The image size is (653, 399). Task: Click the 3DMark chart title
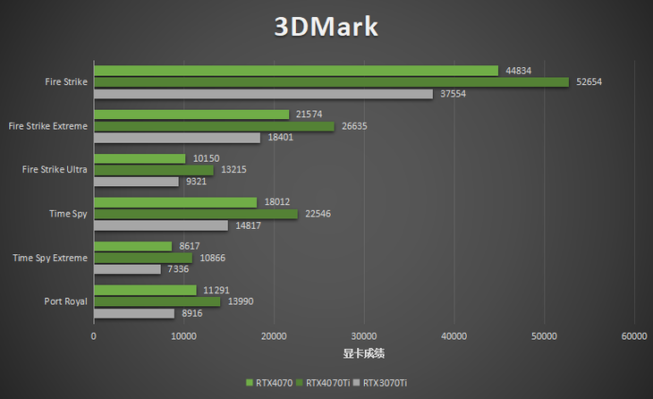(x=326, y=26)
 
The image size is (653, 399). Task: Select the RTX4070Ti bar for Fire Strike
(x=331, y=82)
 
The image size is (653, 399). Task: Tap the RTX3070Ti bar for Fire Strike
(x=263, y=94)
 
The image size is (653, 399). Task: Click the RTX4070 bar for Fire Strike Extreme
(x=191, y=115)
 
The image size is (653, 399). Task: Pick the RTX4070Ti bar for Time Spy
(x=195, y=214)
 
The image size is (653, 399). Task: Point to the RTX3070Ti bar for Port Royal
(x=134, y=313)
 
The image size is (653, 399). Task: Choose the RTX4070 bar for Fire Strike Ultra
(x=140, y=158)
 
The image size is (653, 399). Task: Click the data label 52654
(x=589, y=82)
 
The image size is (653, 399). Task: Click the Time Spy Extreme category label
(x=50, y=258)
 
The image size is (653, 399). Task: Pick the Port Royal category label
(x=65, y=301)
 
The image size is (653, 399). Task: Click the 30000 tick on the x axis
(x=364, y=336)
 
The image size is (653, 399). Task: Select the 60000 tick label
(x=634, y=336)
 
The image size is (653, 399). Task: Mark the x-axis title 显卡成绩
(x=364, y=353)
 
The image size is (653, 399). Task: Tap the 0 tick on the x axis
(x=94, y=336)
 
